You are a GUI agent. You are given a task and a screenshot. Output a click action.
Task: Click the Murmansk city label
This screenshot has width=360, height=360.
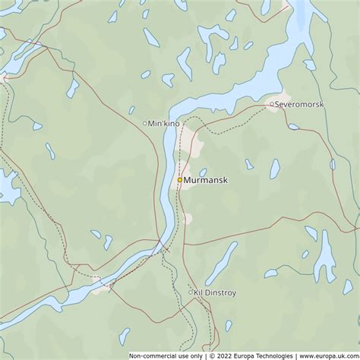click(x=206, y=181)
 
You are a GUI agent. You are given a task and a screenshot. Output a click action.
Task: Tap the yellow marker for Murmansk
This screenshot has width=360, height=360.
click(x=180, y=180)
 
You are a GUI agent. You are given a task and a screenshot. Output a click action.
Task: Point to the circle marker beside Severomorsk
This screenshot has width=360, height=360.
click(x=271, y=103)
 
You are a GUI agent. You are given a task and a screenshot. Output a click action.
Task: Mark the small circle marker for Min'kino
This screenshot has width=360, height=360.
click(x=145, y=123)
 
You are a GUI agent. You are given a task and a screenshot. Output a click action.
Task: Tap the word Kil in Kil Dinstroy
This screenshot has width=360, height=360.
click(x=200, y=292)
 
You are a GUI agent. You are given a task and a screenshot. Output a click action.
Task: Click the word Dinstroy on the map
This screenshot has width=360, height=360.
click(x=222, y=292)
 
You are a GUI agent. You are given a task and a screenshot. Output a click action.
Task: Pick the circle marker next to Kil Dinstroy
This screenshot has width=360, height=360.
click(x=191, y=292)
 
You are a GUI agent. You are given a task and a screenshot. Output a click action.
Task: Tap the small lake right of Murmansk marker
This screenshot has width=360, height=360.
click(x=203, y=172)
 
